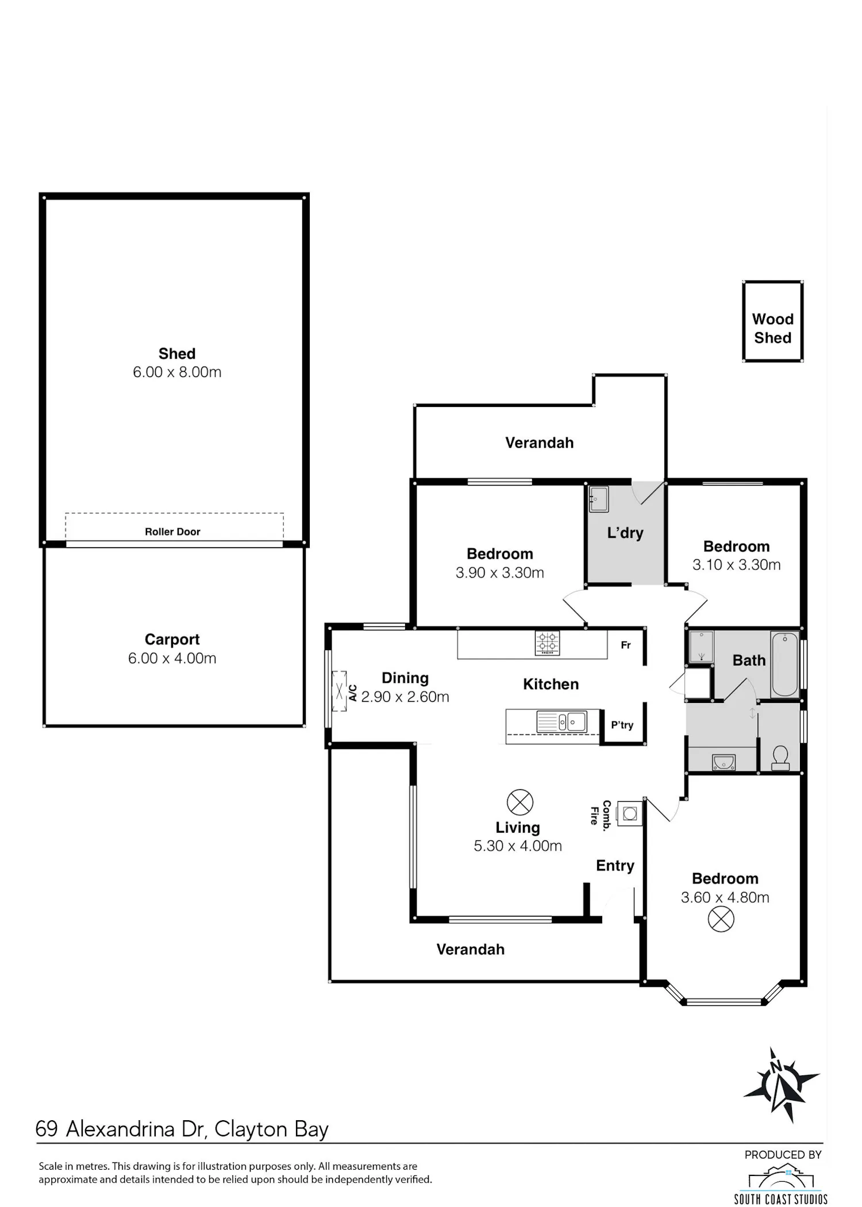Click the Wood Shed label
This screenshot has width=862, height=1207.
[772, 328]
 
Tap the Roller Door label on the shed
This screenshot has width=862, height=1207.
[172, 532]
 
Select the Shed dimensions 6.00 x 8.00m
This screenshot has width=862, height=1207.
[177, 372]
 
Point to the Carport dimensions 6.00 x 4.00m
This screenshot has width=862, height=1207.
[172, 658]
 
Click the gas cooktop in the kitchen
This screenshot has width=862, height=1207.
[547, 643]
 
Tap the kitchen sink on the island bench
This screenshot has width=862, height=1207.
[561, 721]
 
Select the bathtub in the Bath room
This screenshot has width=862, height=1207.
[784, 664]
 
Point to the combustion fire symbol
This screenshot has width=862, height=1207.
[630, 813]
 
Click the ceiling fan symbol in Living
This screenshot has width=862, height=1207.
[520, 802]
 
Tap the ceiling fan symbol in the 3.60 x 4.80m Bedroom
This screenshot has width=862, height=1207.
[721, 919]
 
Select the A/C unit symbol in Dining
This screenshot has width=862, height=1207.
[340, 691]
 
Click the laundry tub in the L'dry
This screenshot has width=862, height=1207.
[599, 498]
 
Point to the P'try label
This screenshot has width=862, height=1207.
[622, 725]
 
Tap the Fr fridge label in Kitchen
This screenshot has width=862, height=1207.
[626, 645]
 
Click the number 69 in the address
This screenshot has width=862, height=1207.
[47, 1129]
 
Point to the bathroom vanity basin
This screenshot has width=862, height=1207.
[724, 762]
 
